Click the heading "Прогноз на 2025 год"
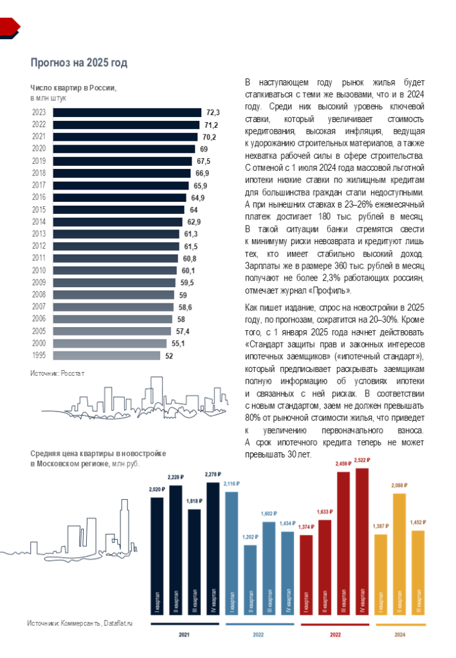pyautogui.click(x=79, y=62)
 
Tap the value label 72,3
pyautogui.click(x=213, y=112)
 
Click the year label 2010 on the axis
pyautogui.click(x=38, y=271)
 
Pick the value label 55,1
pyautogui.click(x=178, y=344)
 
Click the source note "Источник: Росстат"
pyautogui.click(x=57, y=373)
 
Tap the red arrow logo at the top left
pyautogui.click(x=10, y=26)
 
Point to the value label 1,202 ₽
pyautogui.click(x=250, y=537)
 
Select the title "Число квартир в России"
pyautogui.click(x=73, y=88)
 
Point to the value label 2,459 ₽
pyautogui.click(x=343, y=463)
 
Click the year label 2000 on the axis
pyautogui.click(x=38, y=344)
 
